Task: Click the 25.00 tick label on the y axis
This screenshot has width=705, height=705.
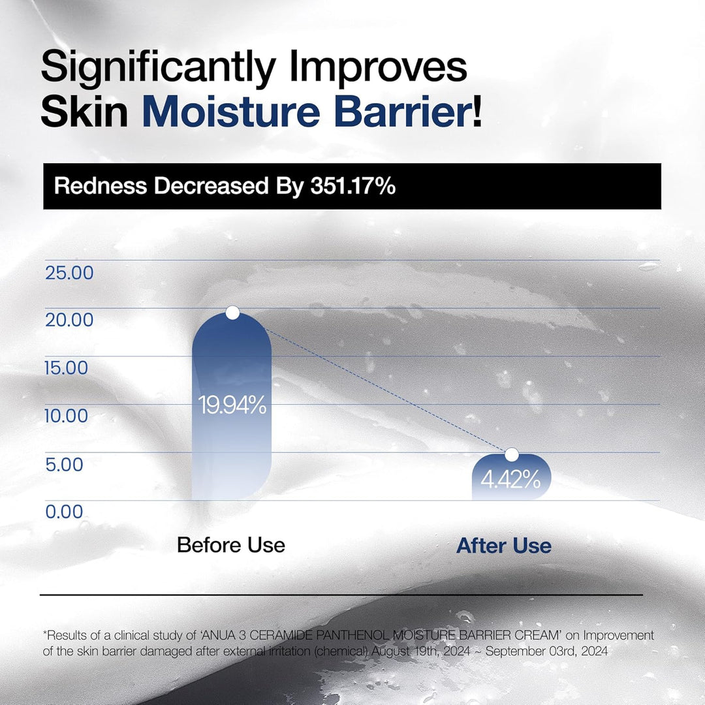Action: (69, 273)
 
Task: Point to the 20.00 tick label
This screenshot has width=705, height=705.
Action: (69, 321)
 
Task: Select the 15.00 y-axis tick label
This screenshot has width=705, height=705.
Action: (67, 368)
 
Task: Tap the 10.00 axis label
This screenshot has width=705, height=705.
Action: (67, 416)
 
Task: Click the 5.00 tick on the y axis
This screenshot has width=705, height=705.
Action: (64, 465)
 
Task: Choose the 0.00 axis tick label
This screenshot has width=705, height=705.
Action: (64, 512)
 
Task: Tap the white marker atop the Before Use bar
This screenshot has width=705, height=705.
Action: (232, 313)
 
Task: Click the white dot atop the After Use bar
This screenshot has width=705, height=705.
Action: (512, 454)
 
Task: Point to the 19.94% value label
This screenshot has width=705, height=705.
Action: (232, 406)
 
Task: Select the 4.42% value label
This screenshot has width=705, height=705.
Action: (510, 480)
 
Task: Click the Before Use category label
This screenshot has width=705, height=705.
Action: (231, 545)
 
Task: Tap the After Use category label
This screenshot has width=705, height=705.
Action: (503, 546)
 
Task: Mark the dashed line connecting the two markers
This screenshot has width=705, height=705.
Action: (372, 384)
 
